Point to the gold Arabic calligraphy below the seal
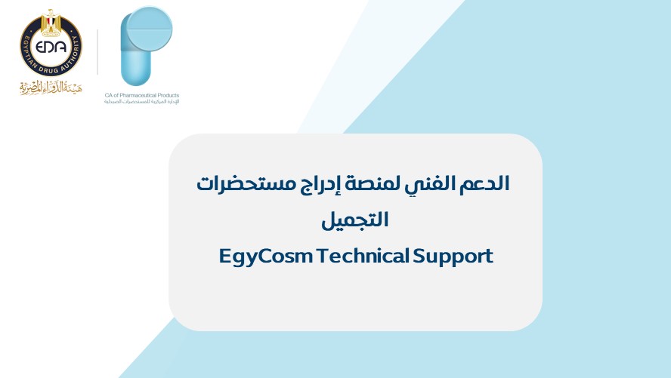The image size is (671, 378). pos(51,88)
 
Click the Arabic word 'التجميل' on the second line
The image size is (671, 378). pos(354,220)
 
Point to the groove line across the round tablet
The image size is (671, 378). pos(150,29)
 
